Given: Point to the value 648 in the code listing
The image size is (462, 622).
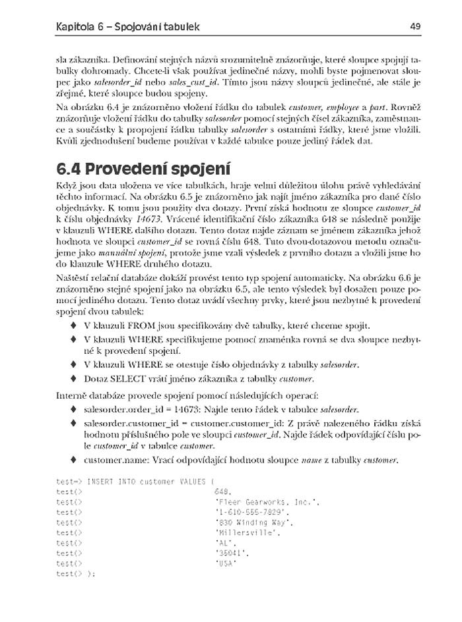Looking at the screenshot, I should pyautogui.click(x=222, y=492).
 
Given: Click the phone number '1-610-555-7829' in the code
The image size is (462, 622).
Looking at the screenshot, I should pyautogui.click(x=252, y=511).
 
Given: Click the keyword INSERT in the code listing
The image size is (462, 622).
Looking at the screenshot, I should pyautogui.click(x=100, y=482).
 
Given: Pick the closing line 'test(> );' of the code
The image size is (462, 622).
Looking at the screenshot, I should pyautogui.click(x=76, y=573).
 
